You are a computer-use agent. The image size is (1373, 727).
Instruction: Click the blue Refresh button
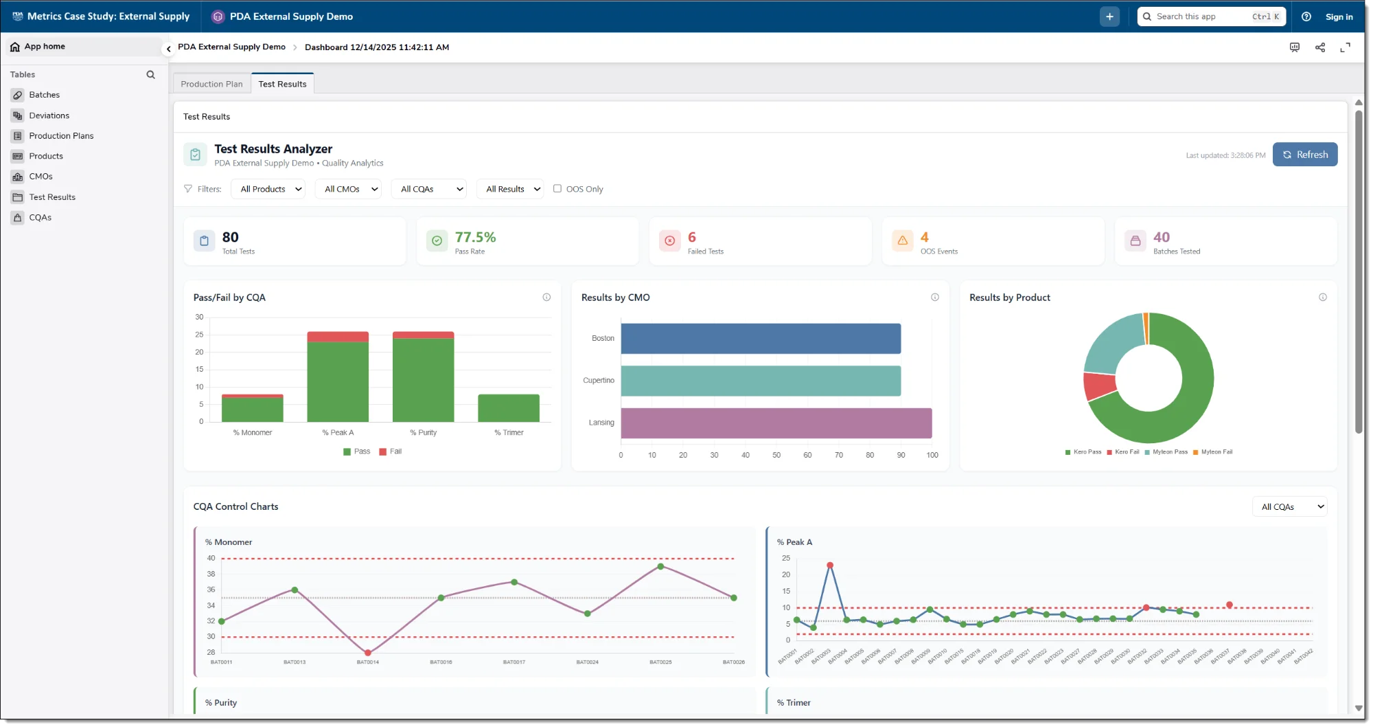tap(1304, 155)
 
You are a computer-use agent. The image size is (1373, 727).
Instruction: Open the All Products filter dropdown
tap(270, 189)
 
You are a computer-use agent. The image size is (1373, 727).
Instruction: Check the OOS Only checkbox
tap(557, 188)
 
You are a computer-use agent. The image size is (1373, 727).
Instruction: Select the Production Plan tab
tap(211, 84)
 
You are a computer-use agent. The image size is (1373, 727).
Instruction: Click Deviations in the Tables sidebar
tap(49, 115)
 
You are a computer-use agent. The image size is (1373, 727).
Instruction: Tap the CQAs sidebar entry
tap(40, 217)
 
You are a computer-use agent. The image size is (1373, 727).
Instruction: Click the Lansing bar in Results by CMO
tap(776, 423)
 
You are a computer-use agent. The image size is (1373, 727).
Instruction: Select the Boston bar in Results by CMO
tap(760, 339)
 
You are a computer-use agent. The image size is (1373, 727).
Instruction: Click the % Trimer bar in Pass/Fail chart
tap(508, 408)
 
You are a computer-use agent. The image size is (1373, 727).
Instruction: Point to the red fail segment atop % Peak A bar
tap(338, 337)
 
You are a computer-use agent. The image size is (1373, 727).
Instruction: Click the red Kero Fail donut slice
tap(1098, 385)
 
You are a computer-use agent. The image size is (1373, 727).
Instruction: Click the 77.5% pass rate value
tap(475, 237)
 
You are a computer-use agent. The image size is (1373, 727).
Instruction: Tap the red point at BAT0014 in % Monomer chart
tap(368, 653)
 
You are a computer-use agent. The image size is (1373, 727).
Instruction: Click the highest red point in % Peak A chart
tap(830, 566)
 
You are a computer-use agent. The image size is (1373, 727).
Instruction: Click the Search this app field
tap(1201, 16)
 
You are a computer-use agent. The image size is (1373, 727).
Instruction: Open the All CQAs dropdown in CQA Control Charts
tap(1289, 507)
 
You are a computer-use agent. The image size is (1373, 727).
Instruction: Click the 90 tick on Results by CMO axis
tap(901, 455)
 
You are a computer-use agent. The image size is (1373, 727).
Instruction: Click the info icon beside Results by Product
tap(1322, 298)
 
